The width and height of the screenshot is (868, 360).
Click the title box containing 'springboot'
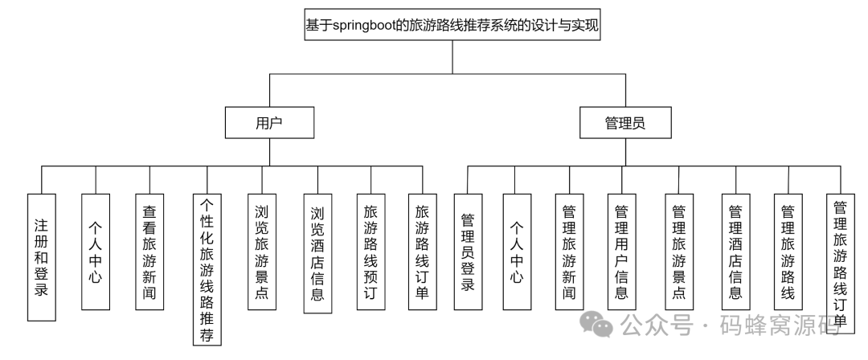click(452, 26)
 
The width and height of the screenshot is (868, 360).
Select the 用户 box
click(269, 124)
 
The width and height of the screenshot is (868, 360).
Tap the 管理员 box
click(625, 124)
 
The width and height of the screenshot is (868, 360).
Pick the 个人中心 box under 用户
click(96, 251)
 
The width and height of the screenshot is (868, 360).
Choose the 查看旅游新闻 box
click(149, 251)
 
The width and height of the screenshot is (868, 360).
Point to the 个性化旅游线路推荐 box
click(207, 268)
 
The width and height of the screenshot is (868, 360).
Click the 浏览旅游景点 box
click(261, 251)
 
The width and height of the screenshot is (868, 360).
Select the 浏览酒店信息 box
click(317, 252)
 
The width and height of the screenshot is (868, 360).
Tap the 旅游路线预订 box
click(371, 251)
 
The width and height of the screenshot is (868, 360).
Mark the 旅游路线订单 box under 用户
click(422, 251)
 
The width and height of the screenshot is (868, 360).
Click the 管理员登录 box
click(468, 251)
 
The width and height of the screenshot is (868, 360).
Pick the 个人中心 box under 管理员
click(517, 251)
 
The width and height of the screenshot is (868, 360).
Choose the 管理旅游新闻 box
click(569, 251)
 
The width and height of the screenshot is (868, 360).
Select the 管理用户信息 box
click(620, 251)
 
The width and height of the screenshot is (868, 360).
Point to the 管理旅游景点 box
click(679, 251)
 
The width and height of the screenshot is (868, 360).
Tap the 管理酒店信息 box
click(735, 251)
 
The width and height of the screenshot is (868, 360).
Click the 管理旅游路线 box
click(788, 251)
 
